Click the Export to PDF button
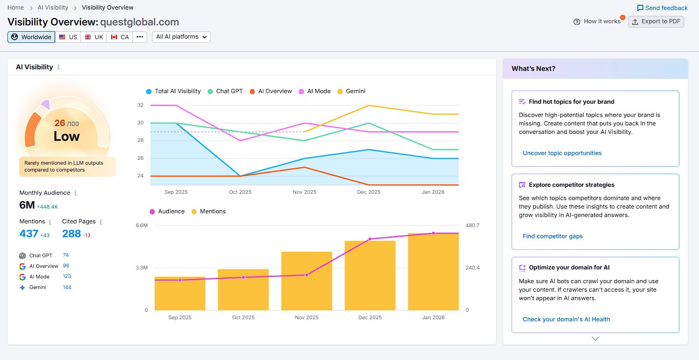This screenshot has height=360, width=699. point(656,22)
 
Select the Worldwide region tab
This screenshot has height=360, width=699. point(31,37)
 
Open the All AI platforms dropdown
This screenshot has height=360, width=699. point(181,37)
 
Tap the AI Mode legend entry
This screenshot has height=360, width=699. point(315,91)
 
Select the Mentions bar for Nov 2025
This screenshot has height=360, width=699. point(307,281)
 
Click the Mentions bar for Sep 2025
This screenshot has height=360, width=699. point(180,293)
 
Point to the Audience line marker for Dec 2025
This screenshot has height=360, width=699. point(370,239)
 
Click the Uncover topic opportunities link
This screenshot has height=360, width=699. point(562,153)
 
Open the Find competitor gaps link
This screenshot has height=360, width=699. point(552,236)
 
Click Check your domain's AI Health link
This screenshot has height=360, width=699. point(566,319)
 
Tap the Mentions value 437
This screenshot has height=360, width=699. point(29,233)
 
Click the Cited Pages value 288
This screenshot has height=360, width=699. point(71,233)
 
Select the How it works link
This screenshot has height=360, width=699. point(597,22)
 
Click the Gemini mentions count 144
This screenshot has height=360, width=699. point(67,287)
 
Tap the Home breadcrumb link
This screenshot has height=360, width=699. point(15,7)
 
